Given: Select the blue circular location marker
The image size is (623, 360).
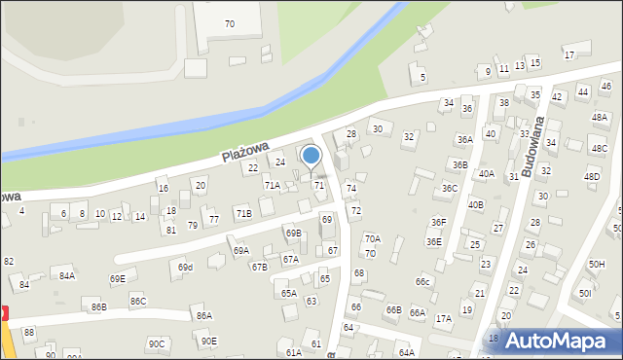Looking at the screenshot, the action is [311, 156].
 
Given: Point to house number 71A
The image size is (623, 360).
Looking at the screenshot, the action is [273, 185].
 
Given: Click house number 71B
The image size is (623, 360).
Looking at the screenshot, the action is [242, 213].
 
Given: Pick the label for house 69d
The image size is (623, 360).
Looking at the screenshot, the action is [185, 267].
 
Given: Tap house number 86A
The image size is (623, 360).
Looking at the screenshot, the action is [203, 315].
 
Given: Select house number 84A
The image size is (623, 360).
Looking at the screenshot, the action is [66, 275].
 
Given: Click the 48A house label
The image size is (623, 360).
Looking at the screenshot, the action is [599, 117].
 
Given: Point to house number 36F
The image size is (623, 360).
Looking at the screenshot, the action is [439, 223].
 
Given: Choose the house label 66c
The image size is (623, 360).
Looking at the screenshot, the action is [422, 282].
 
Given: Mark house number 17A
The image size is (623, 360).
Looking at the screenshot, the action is [443, 318].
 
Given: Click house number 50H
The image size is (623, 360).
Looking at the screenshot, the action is [596, 265].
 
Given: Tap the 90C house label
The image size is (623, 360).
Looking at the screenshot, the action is [157, 343].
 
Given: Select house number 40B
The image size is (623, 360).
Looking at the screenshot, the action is [475, 204].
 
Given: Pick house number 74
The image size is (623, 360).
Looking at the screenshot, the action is [351, 189].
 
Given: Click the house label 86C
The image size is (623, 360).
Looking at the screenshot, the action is [137, 302].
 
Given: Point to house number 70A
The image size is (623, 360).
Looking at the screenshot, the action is [372, 238].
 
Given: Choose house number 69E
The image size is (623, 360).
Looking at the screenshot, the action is [117, 279].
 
